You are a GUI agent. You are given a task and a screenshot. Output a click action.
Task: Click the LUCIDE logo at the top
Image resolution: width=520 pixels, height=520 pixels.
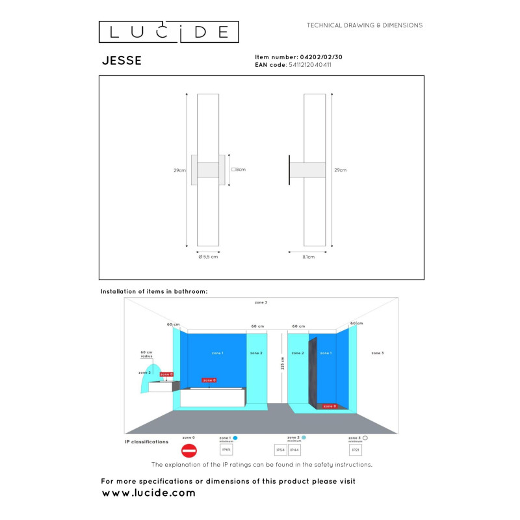coord(168,32)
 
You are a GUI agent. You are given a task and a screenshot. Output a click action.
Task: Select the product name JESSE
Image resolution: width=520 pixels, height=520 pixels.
coord(122,61)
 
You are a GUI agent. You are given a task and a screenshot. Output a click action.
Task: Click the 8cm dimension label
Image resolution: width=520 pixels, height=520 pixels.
coord(239,170)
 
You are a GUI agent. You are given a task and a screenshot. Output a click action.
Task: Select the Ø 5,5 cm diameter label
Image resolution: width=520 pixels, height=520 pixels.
coord(208,257)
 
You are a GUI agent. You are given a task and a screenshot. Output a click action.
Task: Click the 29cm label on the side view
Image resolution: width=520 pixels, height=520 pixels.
coord(340,170)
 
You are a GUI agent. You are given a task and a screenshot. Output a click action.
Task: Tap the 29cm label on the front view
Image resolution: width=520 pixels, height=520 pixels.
coord(179,170)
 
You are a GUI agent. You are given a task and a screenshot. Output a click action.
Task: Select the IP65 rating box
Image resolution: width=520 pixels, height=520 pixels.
coord(227,449)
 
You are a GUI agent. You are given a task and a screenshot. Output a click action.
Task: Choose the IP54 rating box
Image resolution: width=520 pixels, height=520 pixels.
coord(281,449)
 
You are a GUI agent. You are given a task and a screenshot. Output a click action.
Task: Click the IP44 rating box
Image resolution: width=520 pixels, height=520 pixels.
coord(294,449)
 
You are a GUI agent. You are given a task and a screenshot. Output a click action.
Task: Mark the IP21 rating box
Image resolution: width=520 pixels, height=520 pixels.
coord(356,449)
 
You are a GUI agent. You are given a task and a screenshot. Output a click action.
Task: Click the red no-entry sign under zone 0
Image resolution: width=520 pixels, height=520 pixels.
coord(188,450)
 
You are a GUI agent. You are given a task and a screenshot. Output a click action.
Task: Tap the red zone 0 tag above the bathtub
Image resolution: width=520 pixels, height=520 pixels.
coord(209,380)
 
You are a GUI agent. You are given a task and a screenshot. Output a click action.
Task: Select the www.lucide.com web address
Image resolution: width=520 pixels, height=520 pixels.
coord(149,493)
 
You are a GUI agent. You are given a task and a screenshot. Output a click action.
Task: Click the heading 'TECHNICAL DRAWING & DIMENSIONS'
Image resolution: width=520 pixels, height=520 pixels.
coord(365,25)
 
